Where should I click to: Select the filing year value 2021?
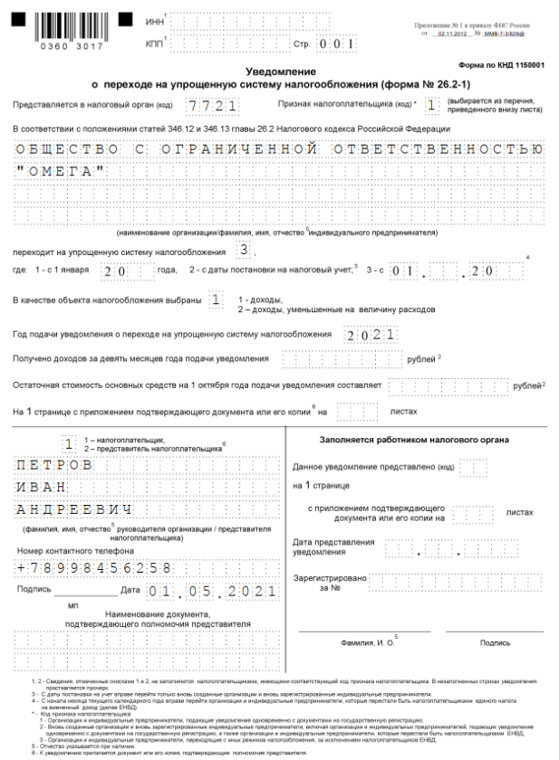[x=370, y=335]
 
